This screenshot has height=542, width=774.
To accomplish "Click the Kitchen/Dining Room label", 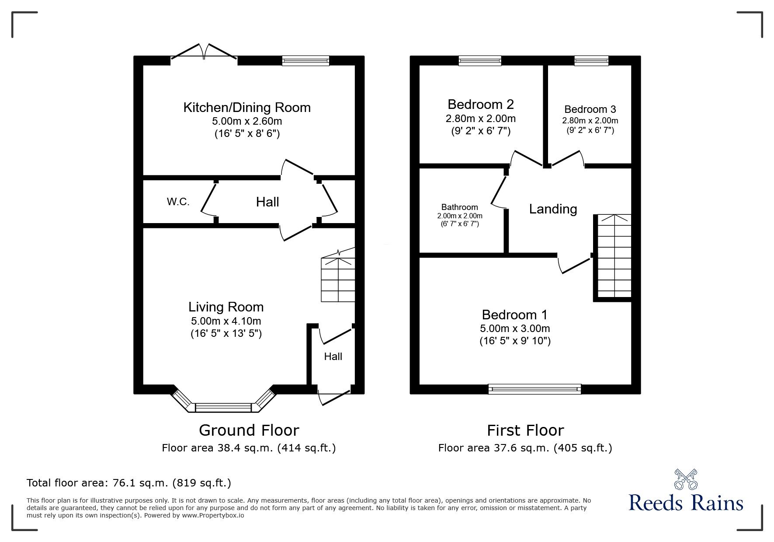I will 247,108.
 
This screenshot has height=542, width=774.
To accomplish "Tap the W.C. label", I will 178,202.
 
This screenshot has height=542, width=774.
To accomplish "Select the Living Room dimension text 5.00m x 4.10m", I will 226,321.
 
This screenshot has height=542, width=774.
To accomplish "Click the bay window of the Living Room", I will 224,407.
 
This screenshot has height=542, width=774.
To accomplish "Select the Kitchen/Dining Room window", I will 305,61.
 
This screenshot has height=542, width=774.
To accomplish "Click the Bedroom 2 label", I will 481,104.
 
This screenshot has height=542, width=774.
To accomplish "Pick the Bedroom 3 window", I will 591,61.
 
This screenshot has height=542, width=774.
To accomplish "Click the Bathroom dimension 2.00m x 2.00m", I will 460,216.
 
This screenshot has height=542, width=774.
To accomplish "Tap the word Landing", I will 553,209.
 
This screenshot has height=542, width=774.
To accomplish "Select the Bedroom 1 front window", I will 535,389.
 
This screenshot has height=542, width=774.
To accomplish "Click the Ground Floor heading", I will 249,430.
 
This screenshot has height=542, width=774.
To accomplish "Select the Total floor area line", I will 129,483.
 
